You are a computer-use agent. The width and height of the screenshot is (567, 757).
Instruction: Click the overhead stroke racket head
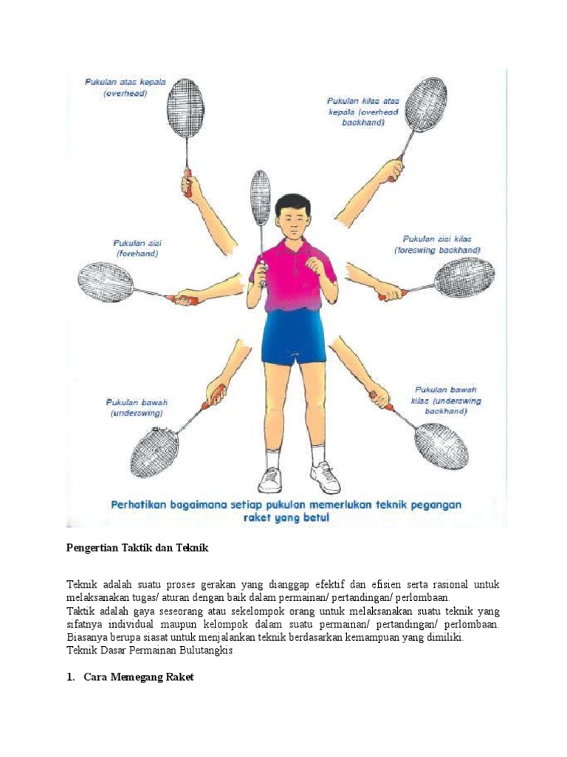pyautogui.click(x=186, y=108)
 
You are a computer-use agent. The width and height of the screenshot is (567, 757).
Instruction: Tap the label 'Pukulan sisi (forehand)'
pyautogui.click(x=137, y=248)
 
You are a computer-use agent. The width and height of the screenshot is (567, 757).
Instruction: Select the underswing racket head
pyautogui.click(x=155, y=452)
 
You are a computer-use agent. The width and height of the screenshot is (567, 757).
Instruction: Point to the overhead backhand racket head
pyautogui.click(x=426, y=104)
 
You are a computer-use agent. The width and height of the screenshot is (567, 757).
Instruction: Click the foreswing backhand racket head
pyautogui.click(x=464, y=277)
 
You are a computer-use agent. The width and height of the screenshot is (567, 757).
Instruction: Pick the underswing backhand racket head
pyautogui.click(x=441, y=445)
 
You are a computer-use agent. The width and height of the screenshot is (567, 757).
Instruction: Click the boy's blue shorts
pyautogui.click(x=293, y=336)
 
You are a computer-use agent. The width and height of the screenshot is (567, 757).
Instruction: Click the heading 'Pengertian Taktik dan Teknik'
pyautogui.click(x=138, y=548)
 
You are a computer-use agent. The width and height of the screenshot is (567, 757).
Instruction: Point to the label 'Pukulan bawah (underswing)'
pyautogui.click(x=137, y=408)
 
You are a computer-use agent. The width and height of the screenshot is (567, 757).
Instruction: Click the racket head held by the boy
pyautogui.click(x=261, y=197)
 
